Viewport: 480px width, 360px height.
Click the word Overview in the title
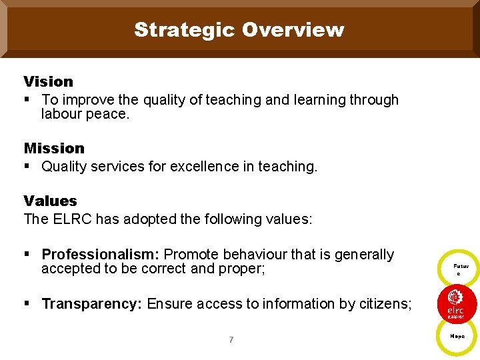point(293,30)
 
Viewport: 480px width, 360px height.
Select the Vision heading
point(48,81)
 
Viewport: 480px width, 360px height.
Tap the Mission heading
point(54,148)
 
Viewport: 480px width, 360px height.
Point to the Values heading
point(50,201)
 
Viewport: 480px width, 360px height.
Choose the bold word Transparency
point(91,304)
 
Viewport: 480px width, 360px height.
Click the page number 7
point(231,340)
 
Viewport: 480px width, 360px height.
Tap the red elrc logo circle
point(457,303)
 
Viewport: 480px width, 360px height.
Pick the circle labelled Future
point(458,269)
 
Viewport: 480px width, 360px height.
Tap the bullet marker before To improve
point(27,100)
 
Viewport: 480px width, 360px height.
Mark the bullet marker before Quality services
point(27,167)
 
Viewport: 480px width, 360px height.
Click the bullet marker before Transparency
point(27,304)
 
